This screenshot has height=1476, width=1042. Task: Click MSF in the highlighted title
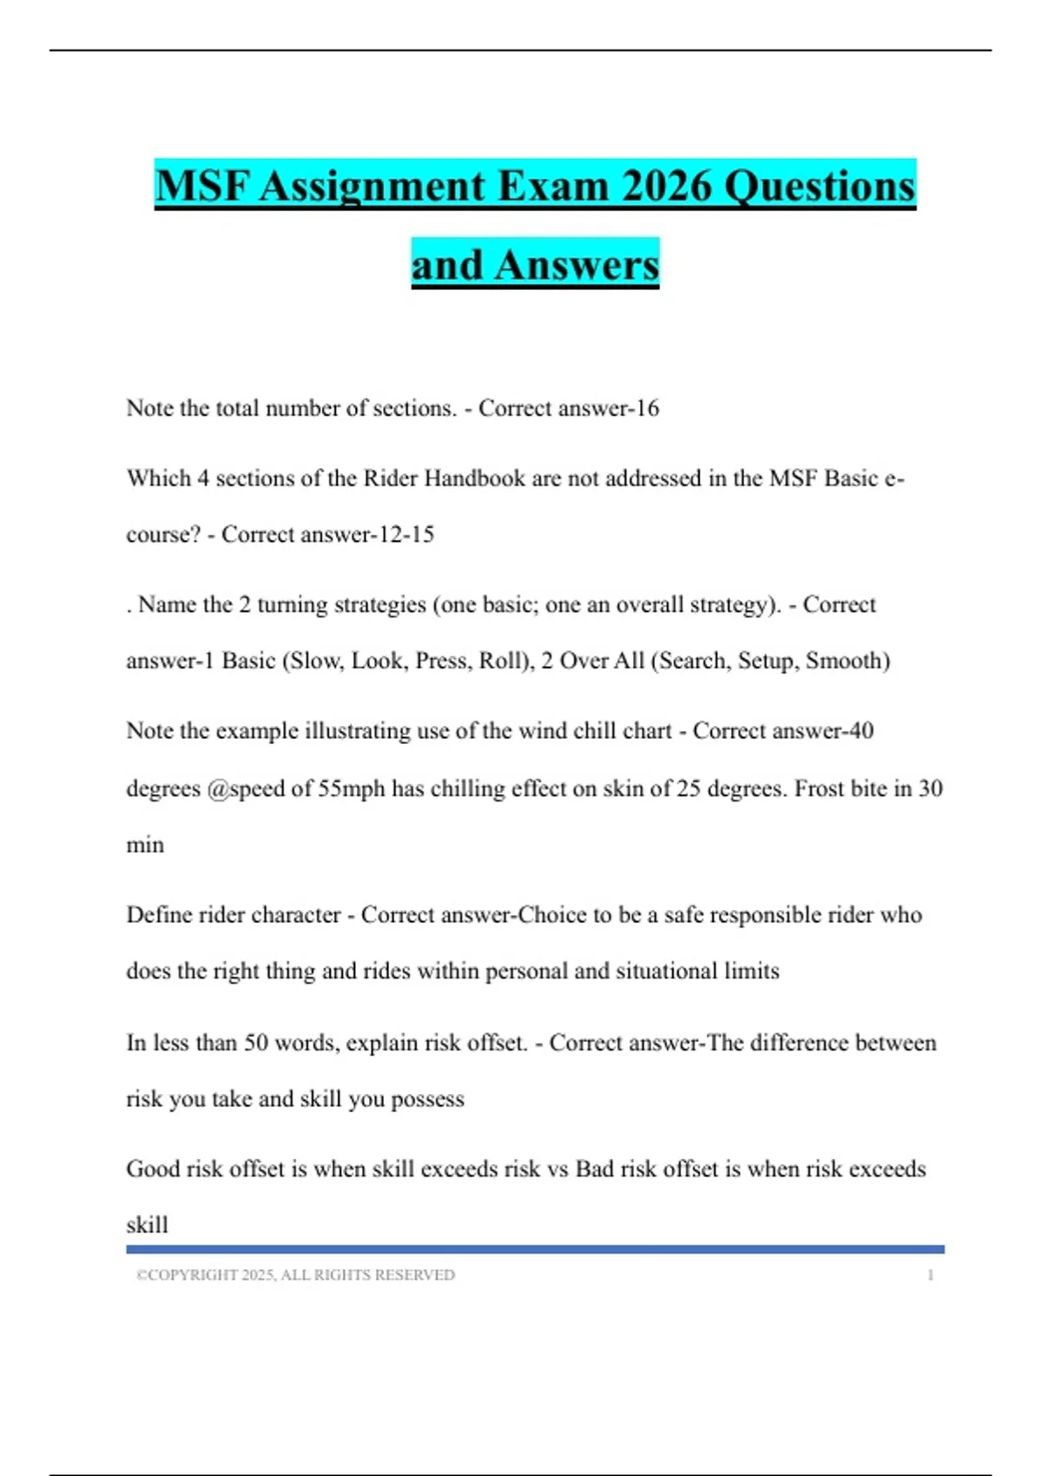(201, 186)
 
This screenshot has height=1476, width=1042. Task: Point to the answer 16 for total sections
(647, 408)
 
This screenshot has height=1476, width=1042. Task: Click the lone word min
(145, 845)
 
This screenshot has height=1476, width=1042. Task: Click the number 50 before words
(255, 1043)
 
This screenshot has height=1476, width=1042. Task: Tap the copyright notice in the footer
(295, 1275)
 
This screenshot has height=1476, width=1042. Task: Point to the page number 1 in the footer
(930, 1275)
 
